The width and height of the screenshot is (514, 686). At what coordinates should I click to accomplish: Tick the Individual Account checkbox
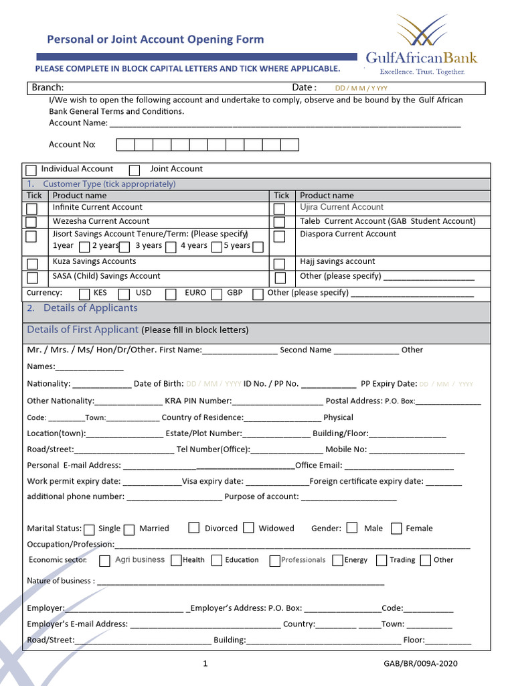(31, 170)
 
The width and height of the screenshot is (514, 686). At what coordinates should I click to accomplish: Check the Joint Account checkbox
(135, 170)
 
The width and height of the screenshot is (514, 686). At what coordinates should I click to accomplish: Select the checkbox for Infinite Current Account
(31, 208)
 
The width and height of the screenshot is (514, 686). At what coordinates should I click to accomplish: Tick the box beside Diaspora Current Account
(280, 236)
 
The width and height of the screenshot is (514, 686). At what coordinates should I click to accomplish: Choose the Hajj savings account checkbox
(280, 263)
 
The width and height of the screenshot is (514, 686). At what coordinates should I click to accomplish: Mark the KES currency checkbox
(85, 294)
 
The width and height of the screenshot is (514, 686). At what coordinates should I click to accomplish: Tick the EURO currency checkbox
(171, 294)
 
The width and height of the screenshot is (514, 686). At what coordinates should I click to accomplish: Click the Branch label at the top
(48, 88)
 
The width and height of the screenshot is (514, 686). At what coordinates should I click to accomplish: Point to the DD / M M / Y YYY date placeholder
(361, 88)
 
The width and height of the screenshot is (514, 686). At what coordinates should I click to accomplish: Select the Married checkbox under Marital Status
(129, 530)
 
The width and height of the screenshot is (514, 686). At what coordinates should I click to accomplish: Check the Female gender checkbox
(396, 529)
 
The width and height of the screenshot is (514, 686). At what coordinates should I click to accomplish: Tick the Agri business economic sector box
(104, 561)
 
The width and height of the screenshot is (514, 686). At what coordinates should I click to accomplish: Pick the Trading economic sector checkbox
(381, 561)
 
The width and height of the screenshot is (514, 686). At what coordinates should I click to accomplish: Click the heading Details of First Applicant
(82, 330)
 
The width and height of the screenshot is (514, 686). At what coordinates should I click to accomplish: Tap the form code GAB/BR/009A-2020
(416, 664)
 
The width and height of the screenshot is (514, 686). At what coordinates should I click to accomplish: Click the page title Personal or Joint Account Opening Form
(155, 40)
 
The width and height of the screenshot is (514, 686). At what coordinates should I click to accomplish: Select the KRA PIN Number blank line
(278, 402)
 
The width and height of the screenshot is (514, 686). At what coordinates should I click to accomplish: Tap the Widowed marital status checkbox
(248, 528)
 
